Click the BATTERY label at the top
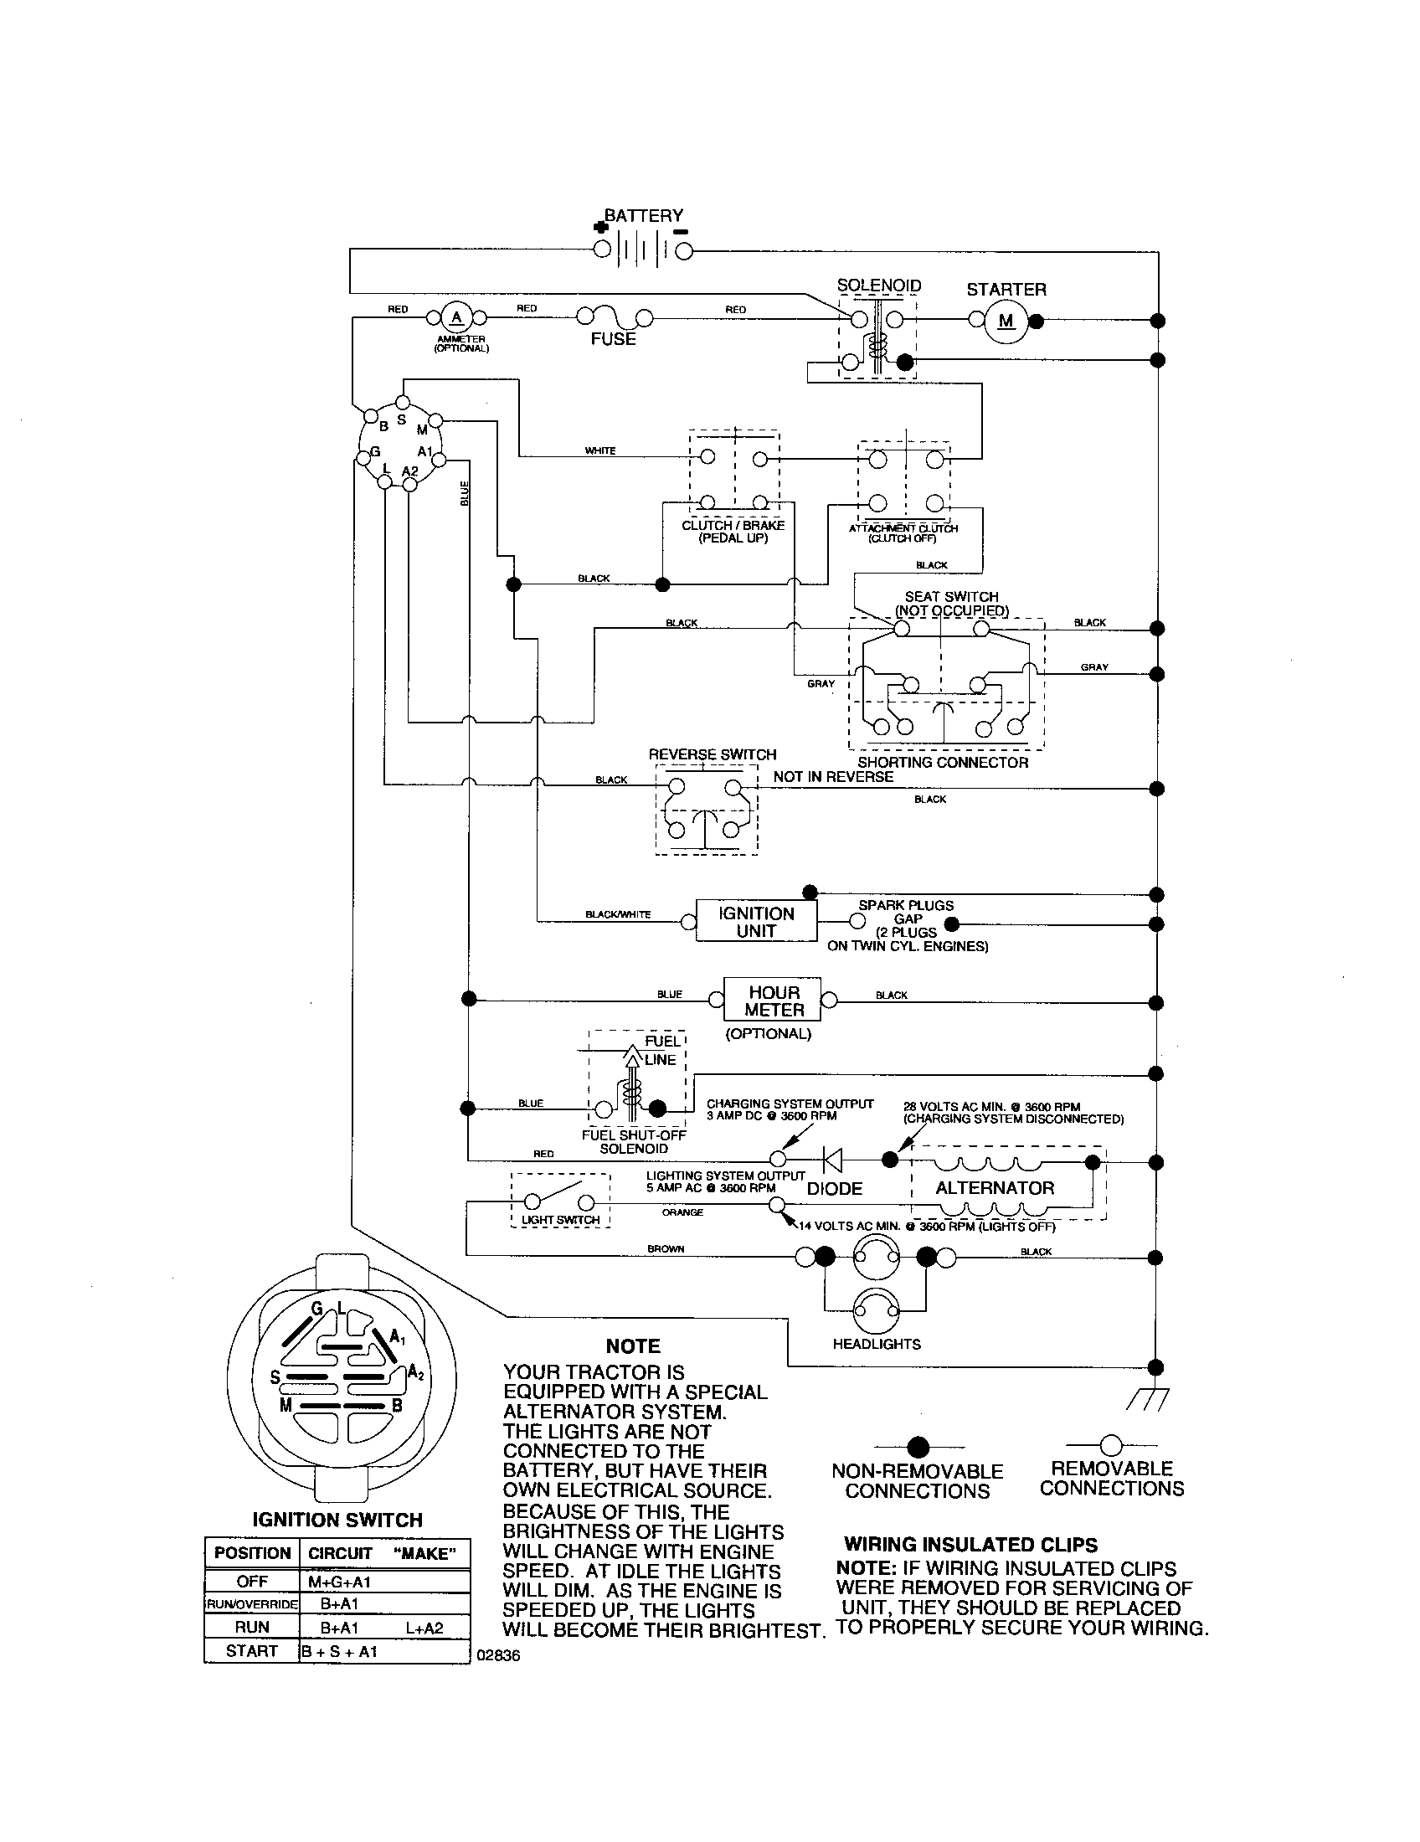(x=642, y=216)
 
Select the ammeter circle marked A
(x=457, y=318)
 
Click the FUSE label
(x=613, y=339)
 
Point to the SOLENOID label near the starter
(x=878, y=286)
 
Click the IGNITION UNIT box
(x=755, y=922)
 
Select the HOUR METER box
(x=774, y=1001)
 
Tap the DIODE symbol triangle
(x=832, y=1161)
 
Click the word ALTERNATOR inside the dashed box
(x=994, y=1188)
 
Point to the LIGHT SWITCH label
(x=561, y=1220)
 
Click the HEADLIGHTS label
(x=876, y=1345)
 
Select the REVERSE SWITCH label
(x=712, y=755)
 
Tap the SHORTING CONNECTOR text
(x=943, y=763)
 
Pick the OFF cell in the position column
(x=252, y=1582)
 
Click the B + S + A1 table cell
(x=340, y=1651)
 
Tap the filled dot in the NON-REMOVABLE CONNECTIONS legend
(x=918, y=1448)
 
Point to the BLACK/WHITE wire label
(x=618, y=914)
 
